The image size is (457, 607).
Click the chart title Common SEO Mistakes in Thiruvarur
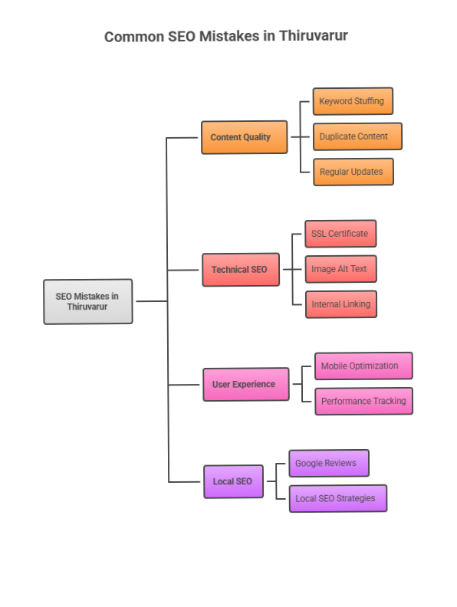(x=226, y=36)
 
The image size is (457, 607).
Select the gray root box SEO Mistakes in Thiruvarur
(x=87, y=301)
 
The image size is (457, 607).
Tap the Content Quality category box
(x=244, y=137)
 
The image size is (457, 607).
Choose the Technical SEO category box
(x=240, y=270)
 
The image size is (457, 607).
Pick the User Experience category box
(x=245, y=384)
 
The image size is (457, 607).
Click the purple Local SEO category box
(x=233, y=481)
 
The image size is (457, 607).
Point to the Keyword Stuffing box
(x=353, y=101)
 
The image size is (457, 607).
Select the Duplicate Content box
(x=357, y=136)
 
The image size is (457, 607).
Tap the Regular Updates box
(x=353, y=172)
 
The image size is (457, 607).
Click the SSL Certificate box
(x=340, y=234)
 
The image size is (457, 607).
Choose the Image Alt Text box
(x=340, y=269)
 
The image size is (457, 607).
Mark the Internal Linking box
(x=340, y=304)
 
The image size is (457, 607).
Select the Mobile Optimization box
(x=363, y=366)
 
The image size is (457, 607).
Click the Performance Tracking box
(x=363, y=401)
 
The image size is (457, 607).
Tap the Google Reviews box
(x=328, y=463)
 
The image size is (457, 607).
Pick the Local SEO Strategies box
(x=337, y=498)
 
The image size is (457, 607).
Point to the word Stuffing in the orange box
(x=369, y=101)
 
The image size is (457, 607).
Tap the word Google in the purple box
(x=310, y=463)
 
